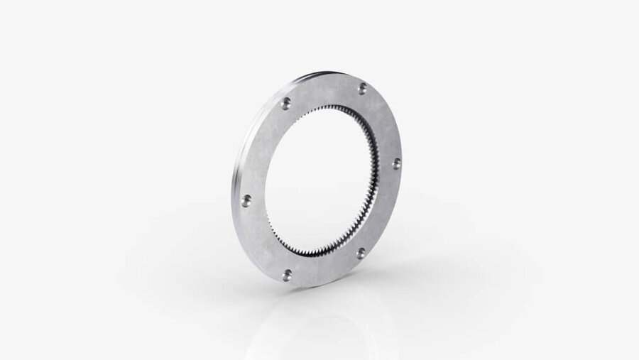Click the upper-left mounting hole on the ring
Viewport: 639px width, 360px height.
coord(285,104)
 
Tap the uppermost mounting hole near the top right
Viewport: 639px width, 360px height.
coord(363,87)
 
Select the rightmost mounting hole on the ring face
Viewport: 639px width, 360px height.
coord(396,163)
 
